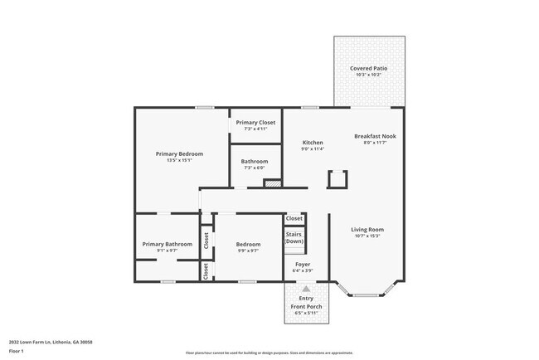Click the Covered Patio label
click(368, 68)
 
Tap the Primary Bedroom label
click(179, 153)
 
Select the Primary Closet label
click(255, 123)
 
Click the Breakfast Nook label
click(375, 136)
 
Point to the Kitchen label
click(312, 143)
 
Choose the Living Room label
click(367, 230)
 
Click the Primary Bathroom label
click(167, 244)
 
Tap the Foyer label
click(303, 265)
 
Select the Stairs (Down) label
click(294, 238)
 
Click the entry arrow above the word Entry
click(306, 289)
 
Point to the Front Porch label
click(306, 307)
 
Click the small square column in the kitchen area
click(337, 179)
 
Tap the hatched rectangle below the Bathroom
click(273, 182)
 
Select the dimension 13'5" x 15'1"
click(179, 160)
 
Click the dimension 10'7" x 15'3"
click(367, 236)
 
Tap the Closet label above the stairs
click(294, 219)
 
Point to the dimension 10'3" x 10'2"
click(368, 75)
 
